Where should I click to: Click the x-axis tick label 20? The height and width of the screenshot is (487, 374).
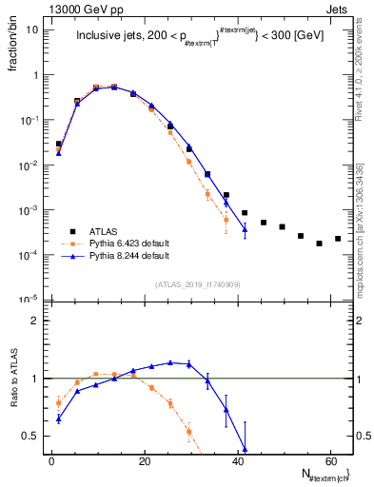pos(144,460)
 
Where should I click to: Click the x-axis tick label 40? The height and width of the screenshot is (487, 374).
pos(237,460)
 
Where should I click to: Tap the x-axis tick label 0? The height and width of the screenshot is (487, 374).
pos(51,460)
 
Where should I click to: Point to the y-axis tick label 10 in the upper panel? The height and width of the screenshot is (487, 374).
pos(32,29)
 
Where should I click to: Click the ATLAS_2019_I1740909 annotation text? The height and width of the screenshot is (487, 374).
pos(197,284)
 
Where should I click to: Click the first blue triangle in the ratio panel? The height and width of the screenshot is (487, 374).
pos(59,419)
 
